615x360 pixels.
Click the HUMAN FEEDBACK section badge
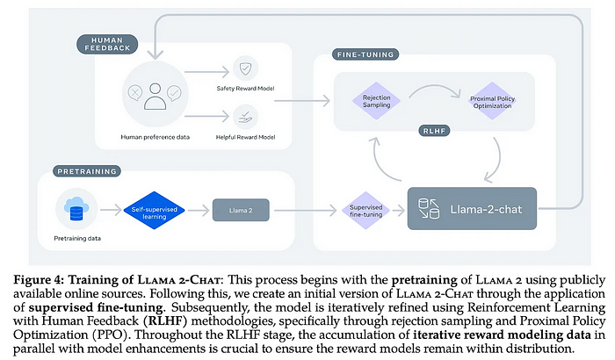[x=107, y=44]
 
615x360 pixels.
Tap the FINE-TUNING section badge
[x=365, y=54]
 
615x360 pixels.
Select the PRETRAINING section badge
[x=87, y=171]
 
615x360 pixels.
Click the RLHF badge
[x=434, y=131]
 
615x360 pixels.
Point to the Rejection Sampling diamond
[x=377, y=101]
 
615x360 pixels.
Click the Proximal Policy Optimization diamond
[x=492, y=101]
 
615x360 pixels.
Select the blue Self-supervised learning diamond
[x=154, y=211]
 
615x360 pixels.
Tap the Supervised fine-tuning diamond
[x=365, y=211]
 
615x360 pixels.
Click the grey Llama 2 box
[x=241, y=210]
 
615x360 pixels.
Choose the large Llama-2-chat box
[x=472, y=209]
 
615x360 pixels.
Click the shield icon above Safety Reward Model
[x=245, y=68]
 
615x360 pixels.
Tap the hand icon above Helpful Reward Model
[x=245, y=117]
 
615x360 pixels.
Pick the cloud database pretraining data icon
[x=76, y=209]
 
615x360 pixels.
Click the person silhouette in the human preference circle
[x=155, y=96]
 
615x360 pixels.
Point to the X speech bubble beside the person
[x=135, y=93]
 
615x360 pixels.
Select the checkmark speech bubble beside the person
[x=174, y=93]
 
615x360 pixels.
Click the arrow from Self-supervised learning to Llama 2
[x=199, y=211]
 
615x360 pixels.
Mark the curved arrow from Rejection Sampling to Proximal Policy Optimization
[x=434, y=86]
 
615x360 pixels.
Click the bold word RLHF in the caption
[x=165, y=321]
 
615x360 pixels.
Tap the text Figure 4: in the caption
[x=39, y=280]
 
